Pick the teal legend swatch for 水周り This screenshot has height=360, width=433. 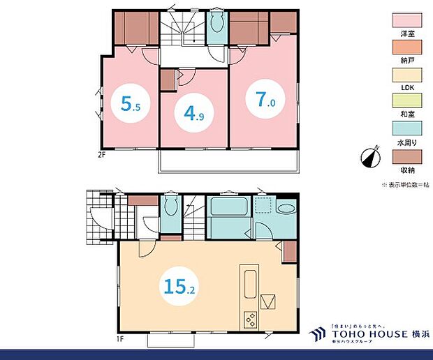coord(405,132)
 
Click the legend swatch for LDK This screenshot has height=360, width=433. coord(405,76)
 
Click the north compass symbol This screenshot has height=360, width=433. coord(370,157)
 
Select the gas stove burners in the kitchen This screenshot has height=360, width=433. coord(250,319)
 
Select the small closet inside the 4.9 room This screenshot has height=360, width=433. coord(168,80)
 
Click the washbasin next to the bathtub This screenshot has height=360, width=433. coord(286,208)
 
